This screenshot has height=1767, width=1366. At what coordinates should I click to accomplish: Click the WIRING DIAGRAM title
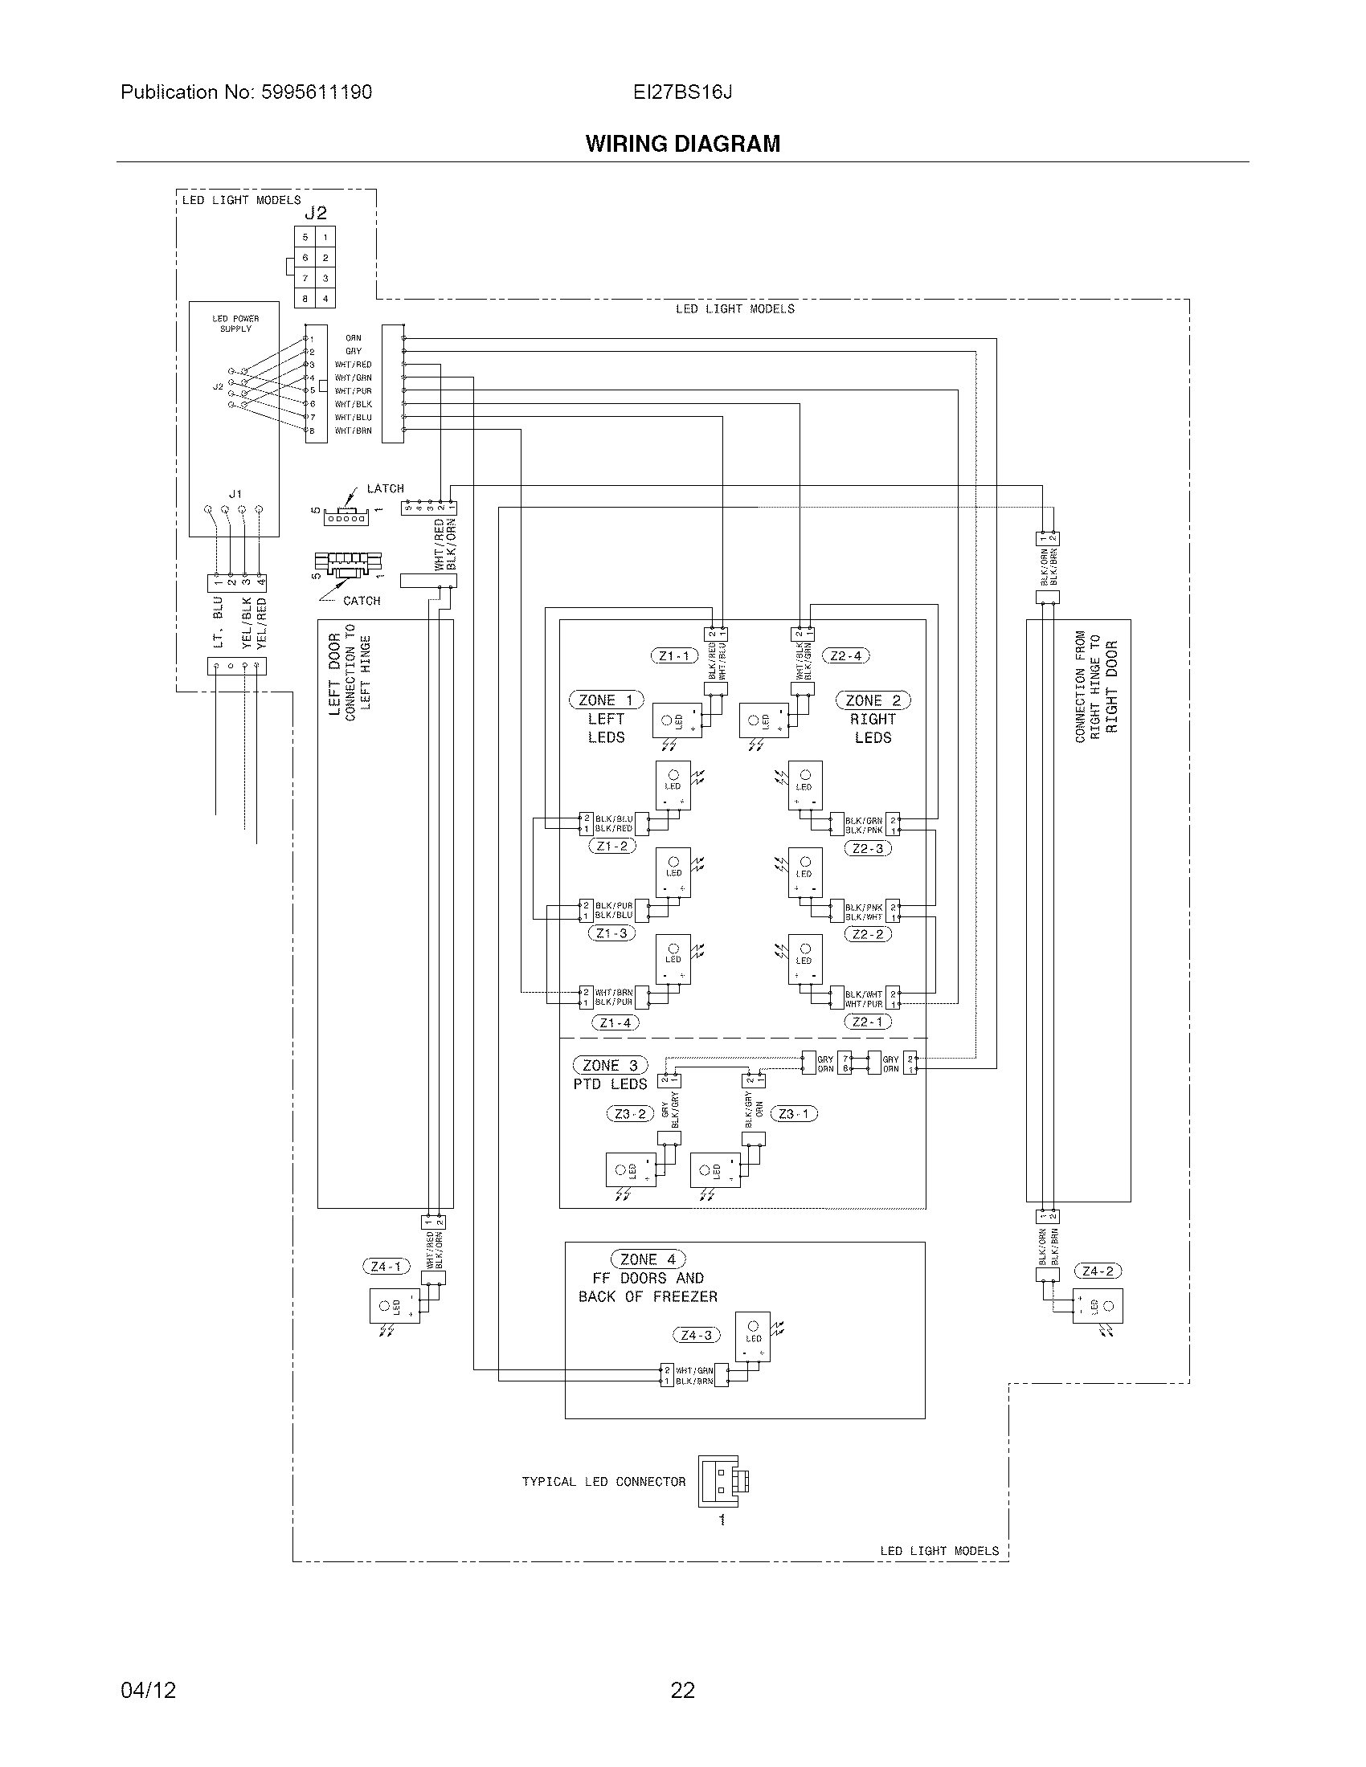(682, 144)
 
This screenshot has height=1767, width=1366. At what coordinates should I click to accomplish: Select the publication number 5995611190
(316, 92)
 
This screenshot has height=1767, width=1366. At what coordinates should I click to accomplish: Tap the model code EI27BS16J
(682, 92)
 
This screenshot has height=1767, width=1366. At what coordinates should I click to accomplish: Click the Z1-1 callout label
(674, 656)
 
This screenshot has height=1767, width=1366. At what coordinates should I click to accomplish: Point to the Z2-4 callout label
(845, 656)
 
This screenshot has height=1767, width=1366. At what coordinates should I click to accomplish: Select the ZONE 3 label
(609, 1066)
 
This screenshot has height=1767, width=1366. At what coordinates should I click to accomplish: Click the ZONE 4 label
(648, 1259)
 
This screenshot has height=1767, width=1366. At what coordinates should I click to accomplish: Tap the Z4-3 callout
(696, 1335)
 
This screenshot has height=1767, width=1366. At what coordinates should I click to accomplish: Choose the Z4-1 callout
(386, 1266)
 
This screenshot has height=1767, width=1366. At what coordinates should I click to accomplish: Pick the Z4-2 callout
(1098, 1271)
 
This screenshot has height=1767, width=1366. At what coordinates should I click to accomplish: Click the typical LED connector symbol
(722, 1480)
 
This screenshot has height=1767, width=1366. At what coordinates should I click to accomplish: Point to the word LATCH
(385, 488)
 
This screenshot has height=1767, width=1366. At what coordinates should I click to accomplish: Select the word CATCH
(362, 601)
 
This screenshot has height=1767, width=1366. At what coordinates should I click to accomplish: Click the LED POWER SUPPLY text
(235, 324)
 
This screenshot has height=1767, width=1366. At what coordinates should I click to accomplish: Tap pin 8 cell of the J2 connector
(305, 299)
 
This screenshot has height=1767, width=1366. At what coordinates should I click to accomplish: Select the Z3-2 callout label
(631, 1114)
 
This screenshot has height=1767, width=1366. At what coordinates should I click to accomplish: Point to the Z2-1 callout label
(868, 1022)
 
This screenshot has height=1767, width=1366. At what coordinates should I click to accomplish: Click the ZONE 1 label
(606, 700)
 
